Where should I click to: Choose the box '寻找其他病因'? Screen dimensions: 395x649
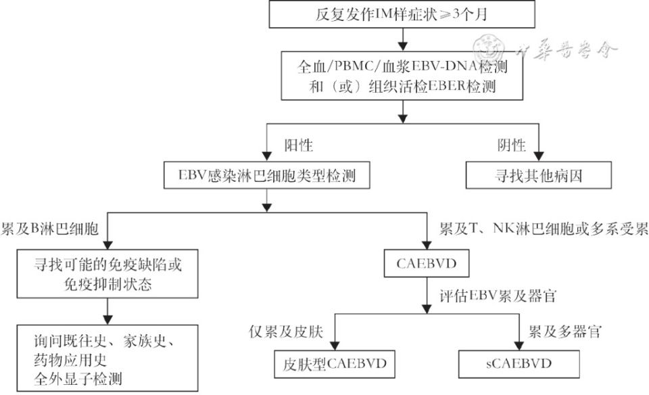(x=538, y=178)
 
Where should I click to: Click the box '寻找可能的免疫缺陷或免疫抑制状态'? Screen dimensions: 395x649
(x=107, y=274)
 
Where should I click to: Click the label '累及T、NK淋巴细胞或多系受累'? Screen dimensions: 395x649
(x=544, y=229)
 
